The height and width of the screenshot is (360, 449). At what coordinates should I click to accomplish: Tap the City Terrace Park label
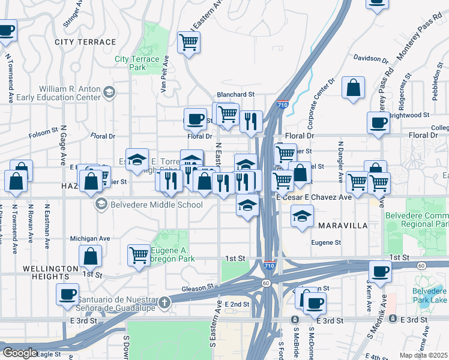pyautogui.click(x=137, y=63)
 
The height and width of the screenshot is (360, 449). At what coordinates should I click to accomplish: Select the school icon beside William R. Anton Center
pyautogui.click(x=109, y=92)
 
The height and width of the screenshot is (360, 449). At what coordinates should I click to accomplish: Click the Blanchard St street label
pyautogui.click(x=236, y=95)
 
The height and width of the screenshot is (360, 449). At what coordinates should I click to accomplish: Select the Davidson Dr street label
pyautogui.click(x=370, y=59)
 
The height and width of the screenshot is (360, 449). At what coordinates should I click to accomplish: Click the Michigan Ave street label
pyautogui.click(x=90, y=238)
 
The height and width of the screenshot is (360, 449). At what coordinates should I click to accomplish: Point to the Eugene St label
pyautogui.click(x=326, y=243)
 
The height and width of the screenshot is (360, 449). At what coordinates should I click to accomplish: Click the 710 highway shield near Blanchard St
pyautogui.click(x=282, y=104)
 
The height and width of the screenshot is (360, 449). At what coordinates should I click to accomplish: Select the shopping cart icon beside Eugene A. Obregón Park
pyautogui.click(x=139, y=254)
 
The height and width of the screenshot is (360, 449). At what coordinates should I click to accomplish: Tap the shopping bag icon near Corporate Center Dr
pyautogui.click(x=354, y=87)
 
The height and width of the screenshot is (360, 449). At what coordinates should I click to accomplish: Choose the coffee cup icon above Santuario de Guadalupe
pyautogui.click(x=67, y=293)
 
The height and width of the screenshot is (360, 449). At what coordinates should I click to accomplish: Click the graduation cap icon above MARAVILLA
pyautogui.click(x=303, y=215)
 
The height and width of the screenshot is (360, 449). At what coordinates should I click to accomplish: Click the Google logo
pyautogui.click(x=20, y=353)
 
